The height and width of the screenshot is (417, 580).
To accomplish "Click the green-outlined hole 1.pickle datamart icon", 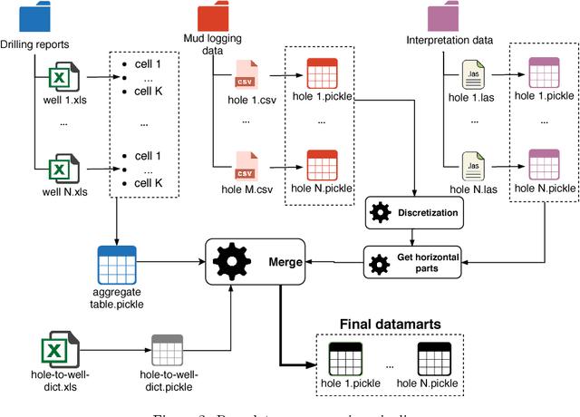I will pyautogui.click(x=345, y=360).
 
